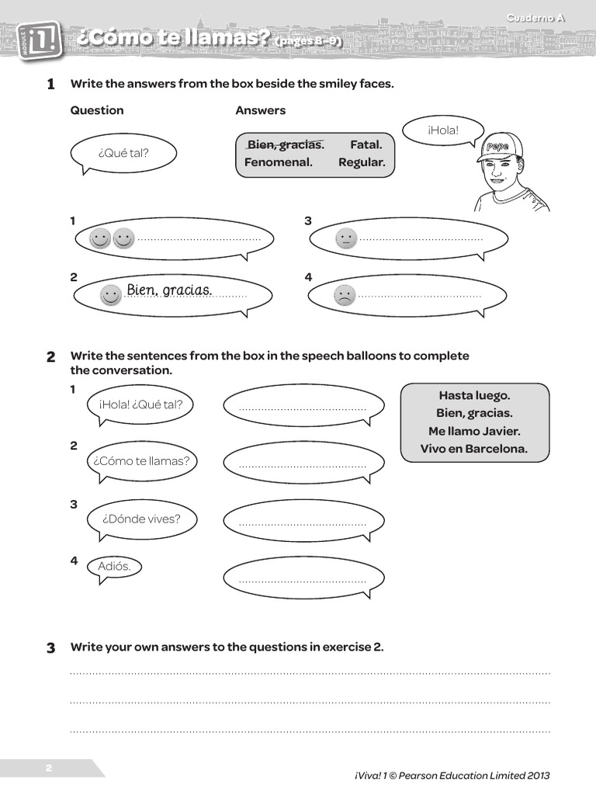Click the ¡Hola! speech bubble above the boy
click(x=443, y=130)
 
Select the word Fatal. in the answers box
click(x=366, y=144)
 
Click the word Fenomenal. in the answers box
click(x=278, y=162)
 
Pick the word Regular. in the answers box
click(x=361, y=162)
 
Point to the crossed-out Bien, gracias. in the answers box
click(x=285, y=144)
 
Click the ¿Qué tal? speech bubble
click(x=123, y=153)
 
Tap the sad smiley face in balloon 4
click(x=345, y=295)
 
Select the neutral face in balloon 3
click(x=346, y=238)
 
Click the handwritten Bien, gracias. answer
click(x=169, y=290)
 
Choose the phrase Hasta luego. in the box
click(x=474, y=395)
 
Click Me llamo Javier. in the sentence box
click(x=474, y=431)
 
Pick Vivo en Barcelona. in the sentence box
click(x=474, y=449)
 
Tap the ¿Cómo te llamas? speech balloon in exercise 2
click(x=141, y=461)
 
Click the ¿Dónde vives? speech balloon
click(x=140, y=519)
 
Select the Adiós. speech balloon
click(x=114, y=566)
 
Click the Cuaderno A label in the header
click(x=535, y=18)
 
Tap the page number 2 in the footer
click(x=48, y=768)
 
